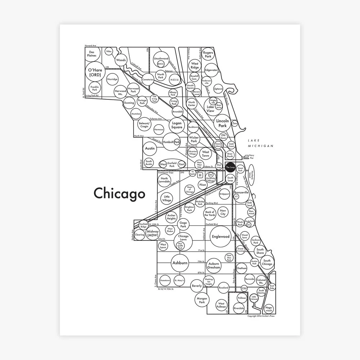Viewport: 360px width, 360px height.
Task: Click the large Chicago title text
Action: (x=120, y=193)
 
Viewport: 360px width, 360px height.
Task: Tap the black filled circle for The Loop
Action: (x=230, y=168)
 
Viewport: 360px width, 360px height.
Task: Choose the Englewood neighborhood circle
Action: (x=221, y=237)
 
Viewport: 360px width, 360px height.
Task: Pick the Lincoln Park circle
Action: (x=222, y=123)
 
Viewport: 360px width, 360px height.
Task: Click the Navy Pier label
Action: (x=256, y=156)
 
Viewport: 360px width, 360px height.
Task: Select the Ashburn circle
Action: (x=180, y=263)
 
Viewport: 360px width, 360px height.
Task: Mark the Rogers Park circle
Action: (x=208, y=54)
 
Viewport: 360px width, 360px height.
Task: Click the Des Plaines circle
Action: (x=92, y=54)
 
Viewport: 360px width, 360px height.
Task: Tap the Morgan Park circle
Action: (x=202, y=300)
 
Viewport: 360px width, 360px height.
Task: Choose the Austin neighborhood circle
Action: (x=150, y=148)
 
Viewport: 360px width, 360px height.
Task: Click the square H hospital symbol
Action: (x=200, y=175)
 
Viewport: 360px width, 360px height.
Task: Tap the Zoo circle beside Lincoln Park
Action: (x=235, y=123)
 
